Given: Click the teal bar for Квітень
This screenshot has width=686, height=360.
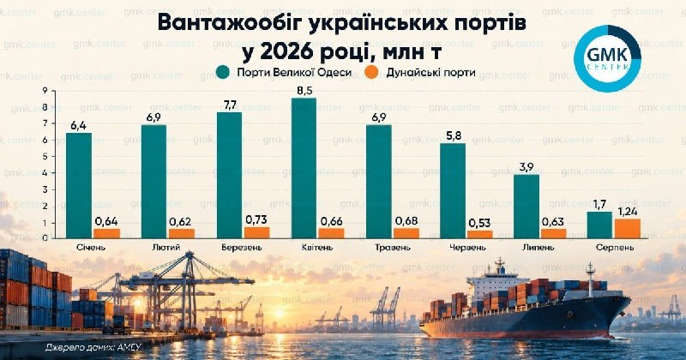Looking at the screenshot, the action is (x=304, y=168).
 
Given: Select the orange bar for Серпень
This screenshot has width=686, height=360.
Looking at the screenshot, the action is (x=628, y=228).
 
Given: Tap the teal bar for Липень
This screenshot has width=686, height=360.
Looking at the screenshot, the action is (x=527, y=207).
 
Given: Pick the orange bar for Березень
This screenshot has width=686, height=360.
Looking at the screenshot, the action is (x=256, y=232).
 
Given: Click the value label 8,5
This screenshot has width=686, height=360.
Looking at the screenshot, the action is (x=304, y=91).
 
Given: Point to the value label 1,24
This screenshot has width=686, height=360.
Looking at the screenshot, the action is (x=628, y=213).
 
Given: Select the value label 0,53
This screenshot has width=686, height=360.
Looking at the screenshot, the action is (x=479, y=223).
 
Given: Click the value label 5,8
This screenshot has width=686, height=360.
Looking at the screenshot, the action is (x=453, y=136).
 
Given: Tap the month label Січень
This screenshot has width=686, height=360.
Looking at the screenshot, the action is (x=91, y=247).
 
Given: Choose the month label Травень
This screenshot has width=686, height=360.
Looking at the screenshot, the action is (x=393, y=247).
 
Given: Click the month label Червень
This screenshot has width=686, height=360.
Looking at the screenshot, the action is (x=466, y=247).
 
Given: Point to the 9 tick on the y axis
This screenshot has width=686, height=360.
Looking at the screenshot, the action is (x=45, y=91).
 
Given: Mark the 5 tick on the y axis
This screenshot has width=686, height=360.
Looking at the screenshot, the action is (x=45, y=157).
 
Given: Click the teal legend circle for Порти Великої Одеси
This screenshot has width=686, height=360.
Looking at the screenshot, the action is (x=223, y=72).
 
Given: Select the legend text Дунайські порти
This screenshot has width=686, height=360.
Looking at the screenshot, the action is (x=430, y=72).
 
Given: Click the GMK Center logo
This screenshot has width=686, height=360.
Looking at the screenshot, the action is (x=607, y=58).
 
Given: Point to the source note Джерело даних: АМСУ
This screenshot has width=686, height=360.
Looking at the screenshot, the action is (x=93, y=347).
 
